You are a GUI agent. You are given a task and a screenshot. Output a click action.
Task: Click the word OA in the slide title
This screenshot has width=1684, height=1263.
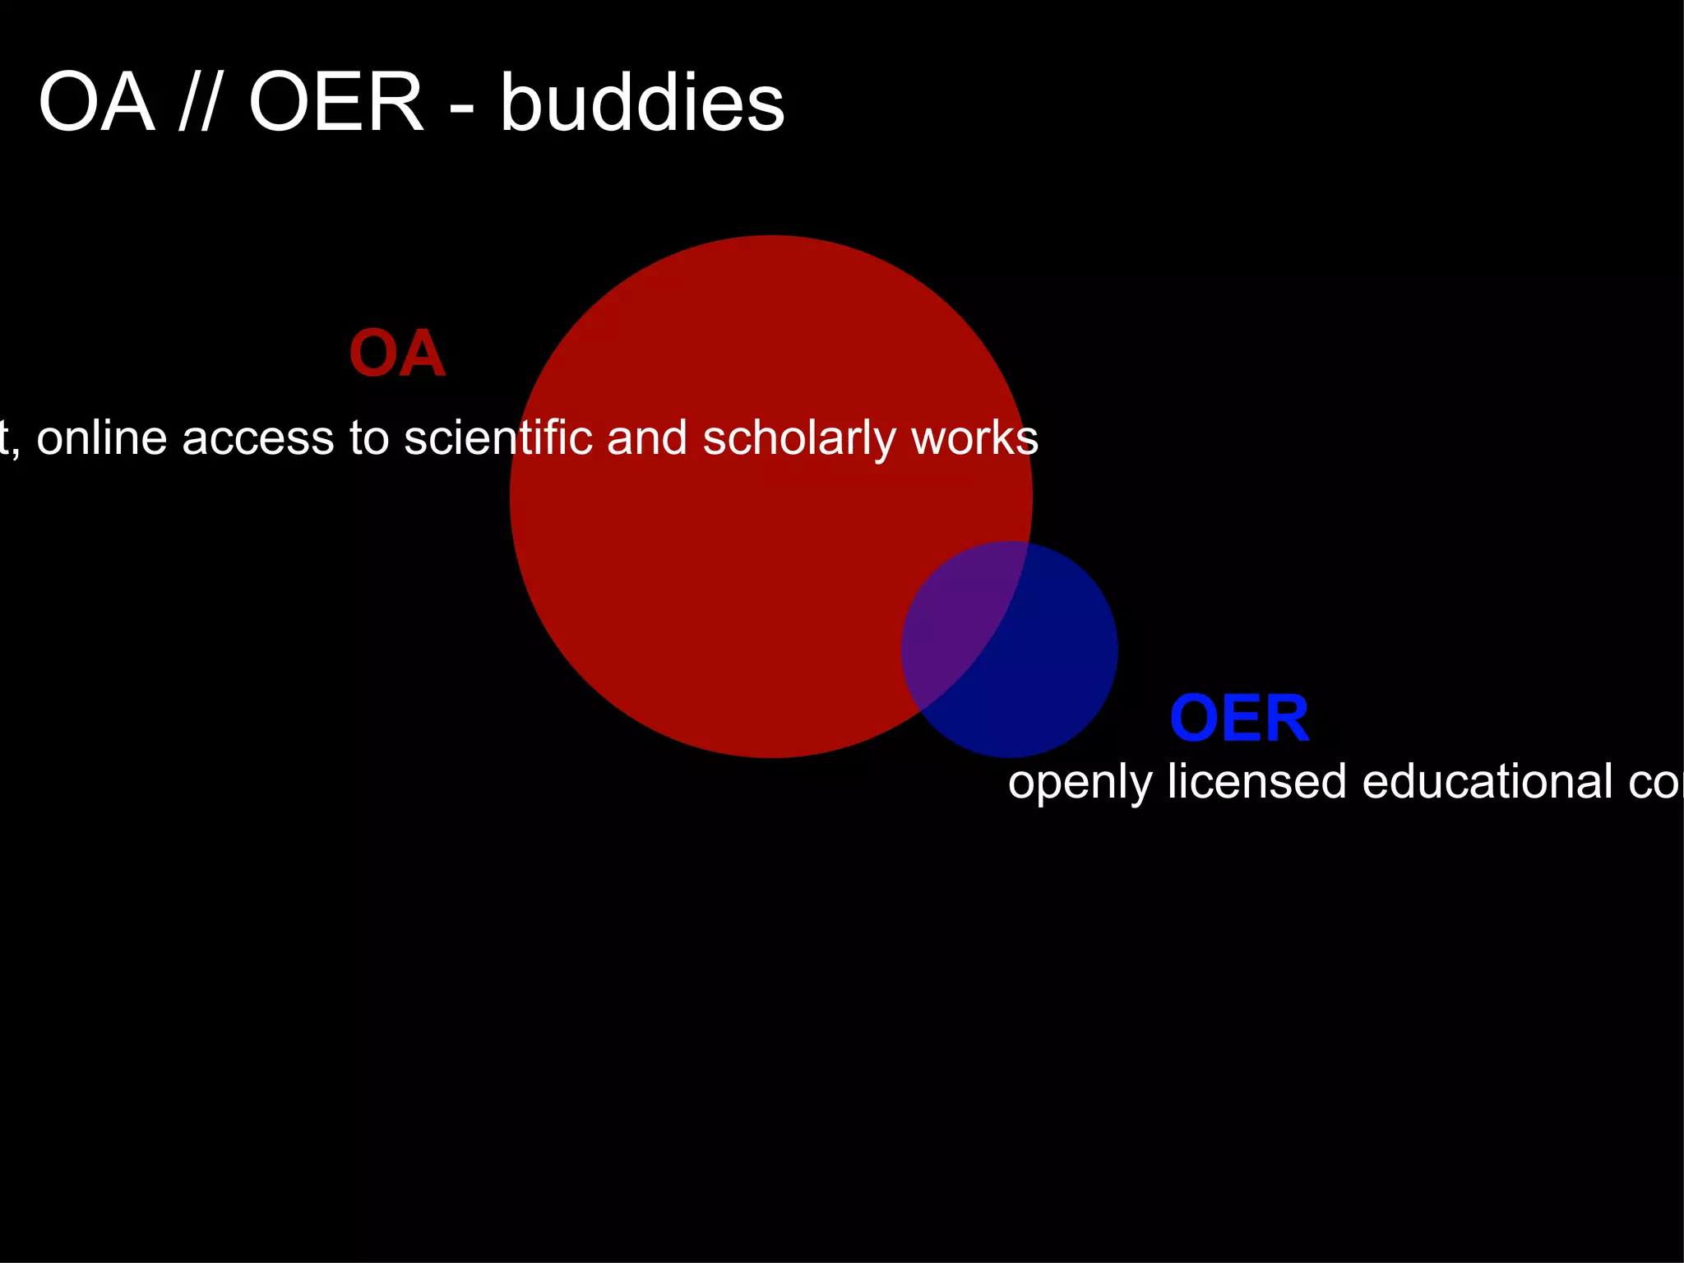tap(96, 103)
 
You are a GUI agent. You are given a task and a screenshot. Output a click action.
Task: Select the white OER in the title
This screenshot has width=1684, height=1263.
tap(335, 103)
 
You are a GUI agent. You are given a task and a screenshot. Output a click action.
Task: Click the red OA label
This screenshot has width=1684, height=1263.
tap(397, 354)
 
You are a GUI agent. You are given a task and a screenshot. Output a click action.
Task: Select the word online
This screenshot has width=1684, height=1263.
tap(102, 437)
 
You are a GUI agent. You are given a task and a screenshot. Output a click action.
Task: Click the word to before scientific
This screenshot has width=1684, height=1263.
tap(369, 438)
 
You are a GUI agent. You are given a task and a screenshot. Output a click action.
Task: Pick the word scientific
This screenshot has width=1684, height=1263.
tap(498, 437)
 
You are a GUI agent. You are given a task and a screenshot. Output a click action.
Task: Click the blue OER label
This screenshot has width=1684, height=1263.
tap(1239, 719)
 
